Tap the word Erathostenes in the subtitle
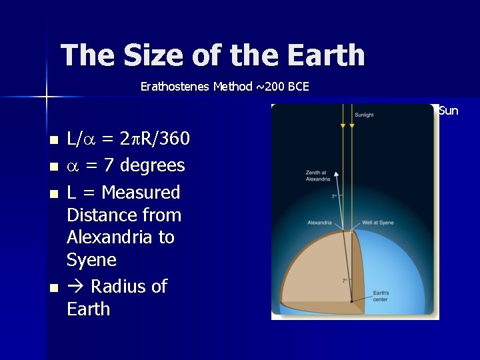175,87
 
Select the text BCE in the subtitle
297,87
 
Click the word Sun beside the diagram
449,111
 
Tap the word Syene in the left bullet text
91,259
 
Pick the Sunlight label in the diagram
364,115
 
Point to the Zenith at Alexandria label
317,176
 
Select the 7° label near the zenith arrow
334,197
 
